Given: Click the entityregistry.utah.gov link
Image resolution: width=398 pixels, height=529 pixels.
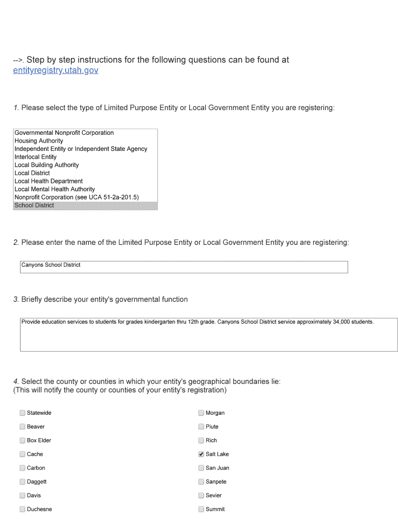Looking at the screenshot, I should point(55,70).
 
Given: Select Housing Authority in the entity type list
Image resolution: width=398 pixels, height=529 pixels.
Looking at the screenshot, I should point(39,141).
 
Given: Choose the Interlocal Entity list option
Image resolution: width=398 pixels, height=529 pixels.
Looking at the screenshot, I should point(36,157).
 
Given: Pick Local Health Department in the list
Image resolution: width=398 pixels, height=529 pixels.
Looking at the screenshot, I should point(49,181).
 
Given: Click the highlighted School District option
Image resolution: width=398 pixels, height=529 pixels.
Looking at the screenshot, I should point(34,206).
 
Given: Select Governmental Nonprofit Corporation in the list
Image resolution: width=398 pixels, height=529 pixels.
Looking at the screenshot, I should point(64,133).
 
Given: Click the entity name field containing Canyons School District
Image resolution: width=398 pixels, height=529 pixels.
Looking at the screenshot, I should point(183,267).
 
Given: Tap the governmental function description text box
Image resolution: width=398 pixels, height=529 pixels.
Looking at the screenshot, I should point(208,335).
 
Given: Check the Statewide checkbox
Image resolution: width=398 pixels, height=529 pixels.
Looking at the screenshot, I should point(22,413).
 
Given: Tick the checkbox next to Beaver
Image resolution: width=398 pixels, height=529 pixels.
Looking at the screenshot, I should point(22,427).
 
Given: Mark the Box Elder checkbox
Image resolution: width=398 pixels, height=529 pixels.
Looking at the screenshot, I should point(22,441).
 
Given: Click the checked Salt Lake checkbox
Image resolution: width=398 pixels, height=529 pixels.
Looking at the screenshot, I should point(201,454).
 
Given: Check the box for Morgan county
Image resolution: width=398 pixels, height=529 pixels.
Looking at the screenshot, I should point(201,413).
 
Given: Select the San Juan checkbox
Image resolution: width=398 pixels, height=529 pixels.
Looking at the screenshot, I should point(201,468).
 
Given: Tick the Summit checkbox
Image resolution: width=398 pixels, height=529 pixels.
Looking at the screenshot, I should point(201,509).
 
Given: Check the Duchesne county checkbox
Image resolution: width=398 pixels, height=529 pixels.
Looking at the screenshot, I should point(22,509).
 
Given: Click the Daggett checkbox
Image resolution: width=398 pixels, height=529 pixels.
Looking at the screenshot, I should point(22,481).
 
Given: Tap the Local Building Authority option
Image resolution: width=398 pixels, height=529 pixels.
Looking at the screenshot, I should point(47,165).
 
